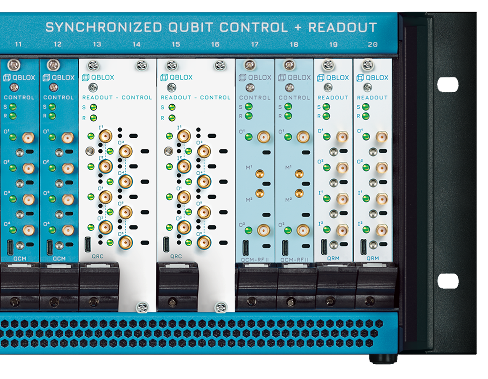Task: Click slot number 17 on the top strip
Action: point(255,44)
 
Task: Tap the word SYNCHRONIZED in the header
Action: point(103,27)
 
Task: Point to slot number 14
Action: point(136,44)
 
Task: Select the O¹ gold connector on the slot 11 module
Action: point(28,137)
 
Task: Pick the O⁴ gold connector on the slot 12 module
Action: point(68,230)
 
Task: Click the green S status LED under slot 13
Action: point(93,107)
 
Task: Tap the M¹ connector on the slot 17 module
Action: point(260,173)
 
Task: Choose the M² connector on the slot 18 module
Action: point(299,193)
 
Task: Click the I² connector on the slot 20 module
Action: point(382,230)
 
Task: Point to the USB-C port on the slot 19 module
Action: point(324,247)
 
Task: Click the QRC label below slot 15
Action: point(176,256)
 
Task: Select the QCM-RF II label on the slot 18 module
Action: point(294,259)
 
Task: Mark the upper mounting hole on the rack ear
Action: point(448,85)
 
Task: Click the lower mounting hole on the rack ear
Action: point(448,281)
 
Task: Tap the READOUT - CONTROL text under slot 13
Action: point(117,98)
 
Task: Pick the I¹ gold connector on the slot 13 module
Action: point(105,136)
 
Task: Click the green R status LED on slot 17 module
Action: point(249,116)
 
